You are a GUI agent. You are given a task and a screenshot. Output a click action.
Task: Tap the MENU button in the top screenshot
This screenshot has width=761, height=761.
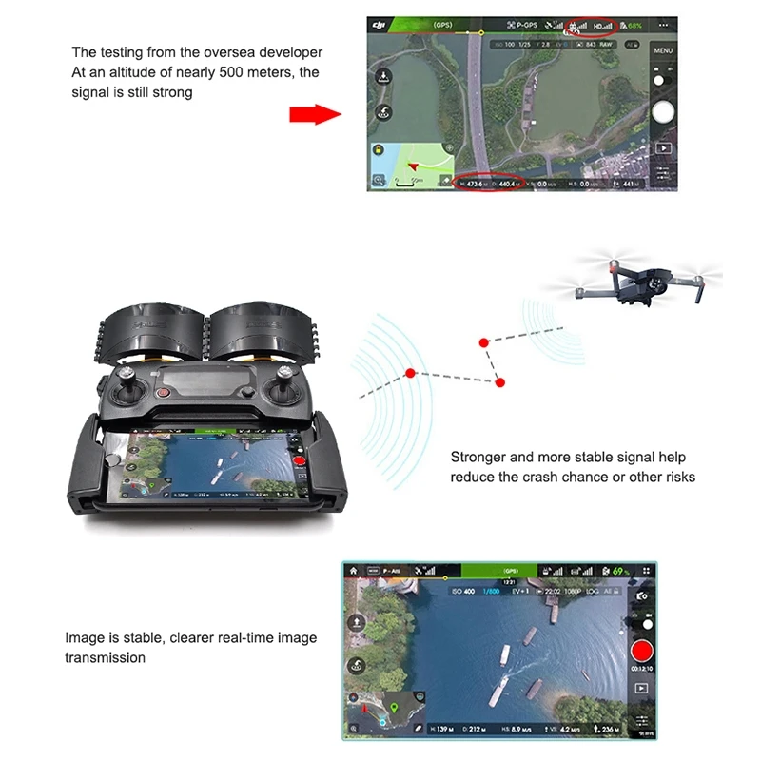point(663,50)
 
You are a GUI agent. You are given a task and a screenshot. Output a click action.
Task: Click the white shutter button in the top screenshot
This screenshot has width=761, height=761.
point(663,109)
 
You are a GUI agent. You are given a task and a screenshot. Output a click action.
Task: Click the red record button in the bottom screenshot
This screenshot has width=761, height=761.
point(642,654)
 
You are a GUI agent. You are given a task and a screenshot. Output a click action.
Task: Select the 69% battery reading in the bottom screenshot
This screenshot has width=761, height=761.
point(621,571)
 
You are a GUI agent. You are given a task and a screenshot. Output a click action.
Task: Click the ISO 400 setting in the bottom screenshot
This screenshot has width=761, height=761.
point(462,591)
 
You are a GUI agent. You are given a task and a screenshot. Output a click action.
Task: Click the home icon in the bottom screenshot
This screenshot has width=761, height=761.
point(353,571)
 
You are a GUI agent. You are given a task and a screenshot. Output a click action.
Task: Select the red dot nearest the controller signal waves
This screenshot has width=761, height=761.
point(410,372)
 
